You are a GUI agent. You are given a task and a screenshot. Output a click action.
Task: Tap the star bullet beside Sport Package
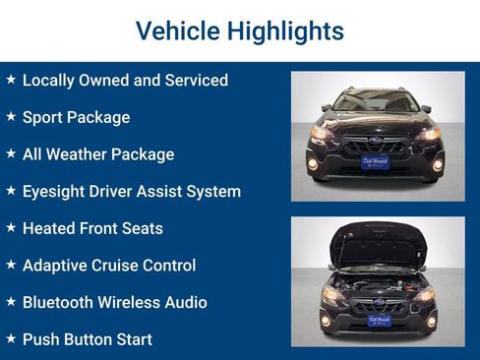pos(11,116)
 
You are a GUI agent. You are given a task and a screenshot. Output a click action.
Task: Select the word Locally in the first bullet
pos(52,80)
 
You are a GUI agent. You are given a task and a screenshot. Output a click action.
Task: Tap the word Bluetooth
pos(62,302)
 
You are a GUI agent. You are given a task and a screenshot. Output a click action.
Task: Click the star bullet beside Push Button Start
pos(11,338)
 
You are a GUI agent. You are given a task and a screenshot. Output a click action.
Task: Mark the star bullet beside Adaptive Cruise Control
pos(11,265)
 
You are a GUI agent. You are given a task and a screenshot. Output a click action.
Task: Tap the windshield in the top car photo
pos(377,100)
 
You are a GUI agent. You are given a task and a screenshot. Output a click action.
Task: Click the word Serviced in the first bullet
pos(193,80)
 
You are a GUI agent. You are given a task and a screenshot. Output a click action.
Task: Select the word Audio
pos(183,302)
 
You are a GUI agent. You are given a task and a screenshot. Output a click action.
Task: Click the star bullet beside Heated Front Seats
pos(11,227)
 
